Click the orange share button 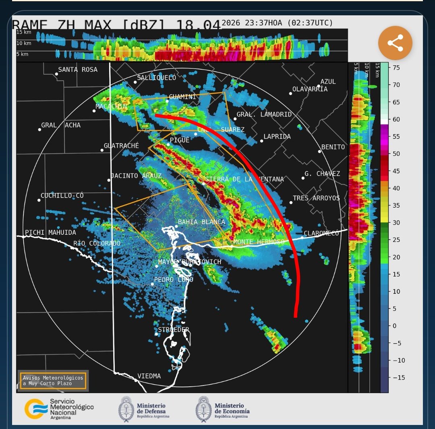395,43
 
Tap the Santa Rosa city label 78,70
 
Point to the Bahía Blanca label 201,222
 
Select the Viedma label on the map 149,376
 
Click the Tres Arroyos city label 316,198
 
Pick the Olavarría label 310,89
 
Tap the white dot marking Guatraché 102,150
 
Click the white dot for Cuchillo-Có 39,200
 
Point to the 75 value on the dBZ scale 396,68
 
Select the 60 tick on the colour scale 396,119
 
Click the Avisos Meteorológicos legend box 53,381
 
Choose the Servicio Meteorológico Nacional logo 59,409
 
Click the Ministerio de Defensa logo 144,409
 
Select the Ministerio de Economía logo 223,409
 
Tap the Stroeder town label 173,330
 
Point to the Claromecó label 322,233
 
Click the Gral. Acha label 61,125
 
